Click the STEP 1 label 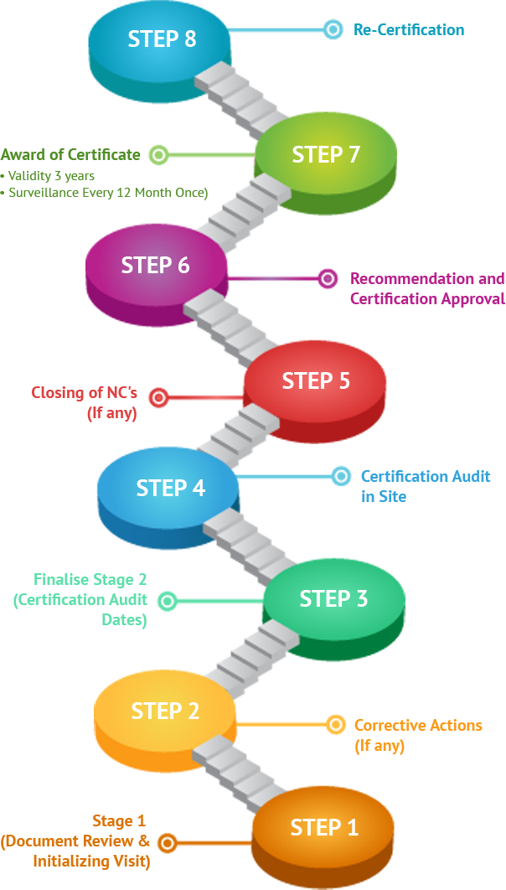(324, 828)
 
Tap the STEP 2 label (165, 711)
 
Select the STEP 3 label (333, 599)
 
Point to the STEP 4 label (171, 488)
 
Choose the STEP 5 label (316, 381)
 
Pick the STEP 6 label (156, 266)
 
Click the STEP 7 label (326, 155)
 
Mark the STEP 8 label (163, 39)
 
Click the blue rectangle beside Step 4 (426, 486)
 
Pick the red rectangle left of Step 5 (84, 404)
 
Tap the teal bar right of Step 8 (409, 29)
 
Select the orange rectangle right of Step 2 (418, 737)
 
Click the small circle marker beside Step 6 (328, 278)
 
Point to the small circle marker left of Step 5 (158, 397)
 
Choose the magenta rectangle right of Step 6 (428, 289)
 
